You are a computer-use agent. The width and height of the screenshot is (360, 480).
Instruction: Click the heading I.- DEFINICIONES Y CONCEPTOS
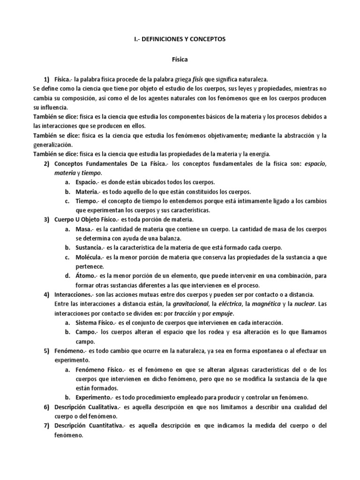[180, 39]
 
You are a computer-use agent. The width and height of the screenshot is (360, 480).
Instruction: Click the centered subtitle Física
[180, 60]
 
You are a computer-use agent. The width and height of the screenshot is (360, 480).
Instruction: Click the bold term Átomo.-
[88, 276]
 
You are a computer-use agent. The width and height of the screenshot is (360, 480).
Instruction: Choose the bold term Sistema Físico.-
[99, 323]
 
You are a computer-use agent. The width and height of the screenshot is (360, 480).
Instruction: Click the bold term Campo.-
[87, 332]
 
